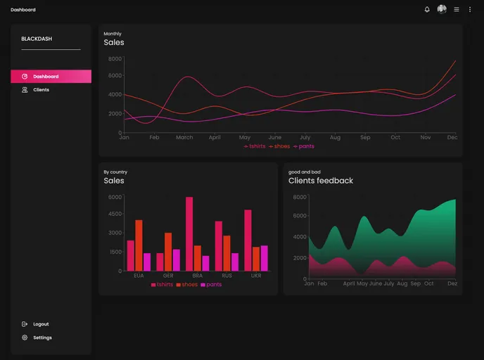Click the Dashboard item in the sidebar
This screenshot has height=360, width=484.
click(45, 76)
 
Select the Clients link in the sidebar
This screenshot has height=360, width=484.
click(41, 90)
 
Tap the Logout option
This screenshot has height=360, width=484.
click(41, 324)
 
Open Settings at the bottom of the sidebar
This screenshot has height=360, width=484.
click(42, 337)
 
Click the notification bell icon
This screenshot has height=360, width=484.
click(427, 10)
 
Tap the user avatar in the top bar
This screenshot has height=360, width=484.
click(442, 10)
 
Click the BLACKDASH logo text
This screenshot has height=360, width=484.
click(37, 39)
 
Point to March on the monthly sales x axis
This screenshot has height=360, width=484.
click(184, 138)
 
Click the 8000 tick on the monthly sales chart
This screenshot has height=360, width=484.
click(115, 58)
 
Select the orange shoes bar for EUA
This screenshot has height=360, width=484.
click(139, 245)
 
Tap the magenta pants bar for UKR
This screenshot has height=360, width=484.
click(264, 258)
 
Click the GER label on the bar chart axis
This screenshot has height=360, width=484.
click(168, 276)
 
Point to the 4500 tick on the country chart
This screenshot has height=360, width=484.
click(115, 214)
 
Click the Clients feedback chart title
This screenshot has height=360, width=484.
click(321, 181)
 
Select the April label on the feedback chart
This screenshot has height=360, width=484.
click(348, 283)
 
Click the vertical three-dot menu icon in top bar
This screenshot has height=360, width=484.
click(470, 10)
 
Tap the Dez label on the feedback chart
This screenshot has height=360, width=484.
click(452, 283)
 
